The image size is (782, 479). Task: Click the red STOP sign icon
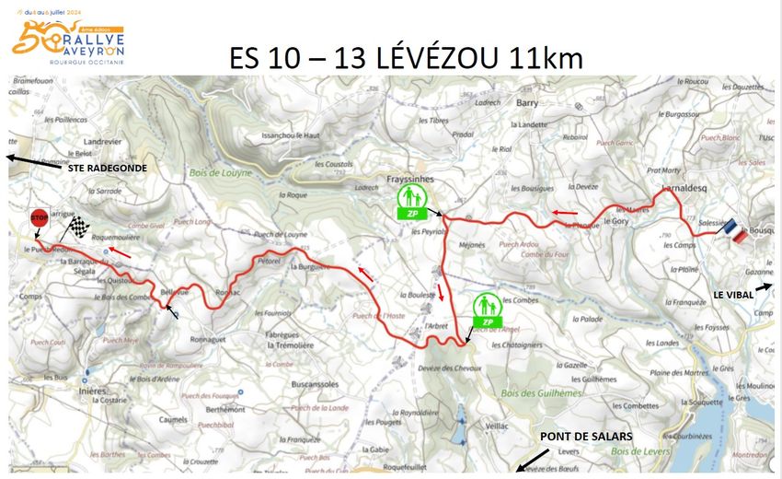pos(39,218)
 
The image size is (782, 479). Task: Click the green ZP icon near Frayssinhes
pos(411,202)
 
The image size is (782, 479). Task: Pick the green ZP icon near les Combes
pos(488,311)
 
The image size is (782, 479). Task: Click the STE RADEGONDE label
pos(108,169)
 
